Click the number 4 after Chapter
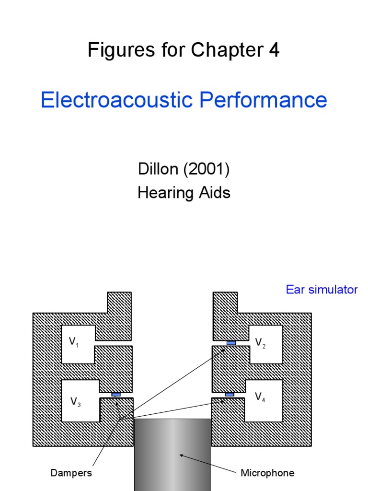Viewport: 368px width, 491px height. coord(274,50)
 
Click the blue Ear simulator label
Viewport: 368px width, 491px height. coord(322,290)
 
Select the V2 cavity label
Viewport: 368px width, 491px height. coord(260,342)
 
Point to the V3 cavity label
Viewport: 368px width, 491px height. coord(75,402)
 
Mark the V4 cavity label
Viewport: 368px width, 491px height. coord(260,397)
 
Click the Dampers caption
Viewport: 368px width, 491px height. coord(71,473)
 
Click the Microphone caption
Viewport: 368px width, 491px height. coord(267,473)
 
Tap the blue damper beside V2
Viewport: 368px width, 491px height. coord(231,343)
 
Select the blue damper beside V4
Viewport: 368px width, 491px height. coord(230,395)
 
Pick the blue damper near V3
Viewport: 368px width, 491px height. coord(116,395)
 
